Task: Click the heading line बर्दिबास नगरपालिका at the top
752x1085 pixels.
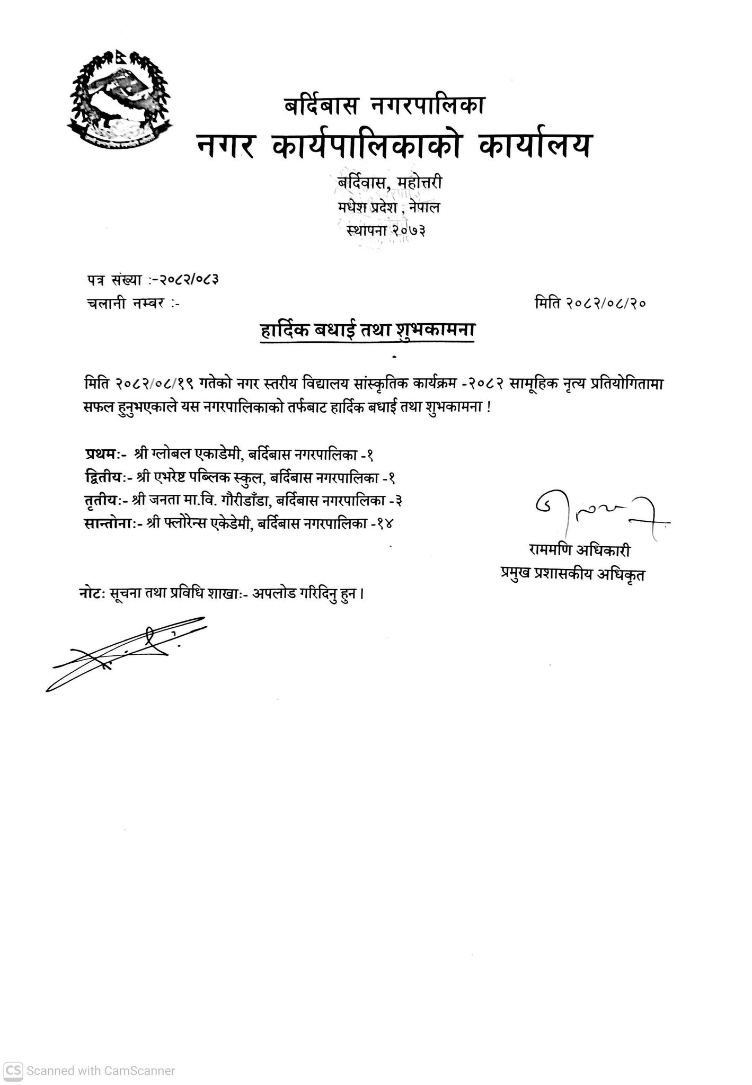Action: (x=384, y=106)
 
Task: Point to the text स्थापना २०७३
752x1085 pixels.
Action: (x=386, y=230)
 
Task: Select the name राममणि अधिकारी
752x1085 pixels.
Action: (x=579, y=551)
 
